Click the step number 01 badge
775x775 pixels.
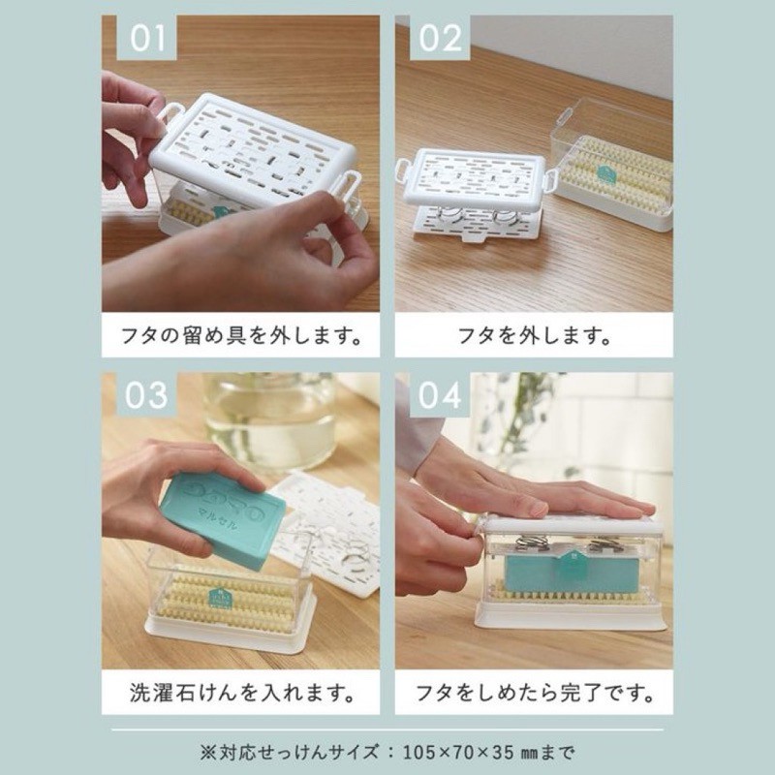click(x=146, y=38)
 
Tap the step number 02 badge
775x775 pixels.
click(x=440, y=38)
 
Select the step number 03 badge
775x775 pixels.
click(x=146, y=394)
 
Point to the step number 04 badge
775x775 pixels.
click(x=440, y=394)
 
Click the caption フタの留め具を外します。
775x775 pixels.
click(x=240, y=335)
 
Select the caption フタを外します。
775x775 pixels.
click(x=534, y=335)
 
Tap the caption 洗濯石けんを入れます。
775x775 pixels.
click(x=242, y=693)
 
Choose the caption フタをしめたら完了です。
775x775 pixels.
click(x=535, y=693)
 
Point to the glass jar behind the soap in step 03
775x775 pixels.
click(x=272, y=420)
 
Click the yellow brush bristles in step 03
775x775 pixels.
click(x=232, y=602)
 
